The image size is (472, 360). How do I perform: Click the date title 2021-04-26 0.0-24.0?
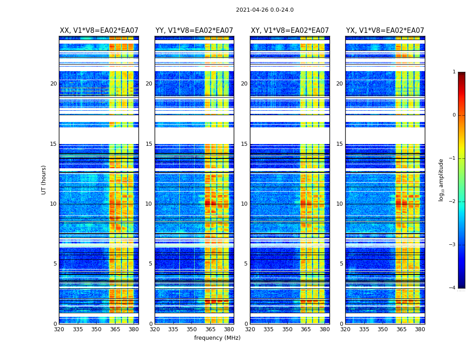tap(264, 10)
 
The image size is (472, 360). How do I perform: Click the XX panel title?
tap(99, 31)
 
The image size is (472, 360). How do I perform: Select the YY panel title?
tap(194, 31)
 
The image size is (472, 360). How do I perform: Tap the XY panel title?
tap(289, 31)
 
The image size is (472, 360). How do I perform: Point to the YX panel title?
tap(385, 31)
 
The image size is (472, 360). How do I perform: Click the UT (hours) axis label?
tap(44, 180)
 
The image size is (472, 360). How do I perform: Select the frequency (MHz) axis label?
tap(217, 338)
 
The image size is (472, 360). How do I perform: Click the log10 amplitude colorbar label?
tap(441, 180)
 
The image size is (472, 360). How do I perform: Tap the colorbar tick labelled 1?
tap(454, 72)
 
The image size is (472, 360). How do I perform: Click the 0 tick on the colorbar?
tap(454, 115)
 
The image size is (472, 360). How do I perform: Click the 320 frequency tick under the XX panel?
tap(59, 329)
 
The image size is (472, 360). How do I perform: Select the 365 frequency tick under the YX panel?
tap(401, 329)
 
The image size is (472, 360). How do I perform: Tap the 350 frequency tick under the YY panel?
tap(192, 329)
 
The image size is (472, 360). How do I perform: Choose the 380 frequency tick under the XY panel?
tap(325, 329)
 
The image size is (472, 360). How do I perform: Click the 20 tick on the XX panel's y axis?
tap(53, 84)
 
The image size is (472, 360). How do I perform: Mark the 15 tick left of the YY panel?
tap(149, 144)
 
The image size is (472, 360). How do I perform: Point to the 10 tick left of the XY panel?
tap(244, 204)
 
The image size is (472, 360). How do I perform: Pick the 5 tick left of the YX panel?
tap(341, 264)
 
